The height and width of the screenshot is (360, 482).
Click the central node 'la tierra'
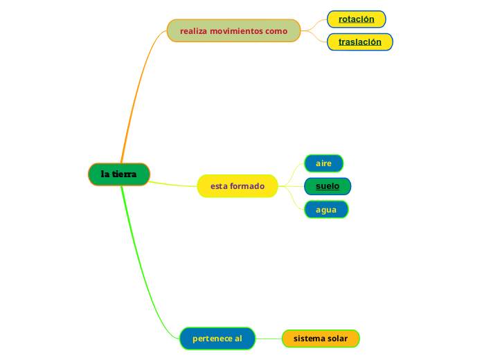(119, 174)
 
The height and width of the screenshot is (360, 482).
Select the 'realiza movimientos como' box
(233, 31)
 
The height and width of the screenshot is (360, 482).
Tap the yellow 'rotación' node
(356, 19)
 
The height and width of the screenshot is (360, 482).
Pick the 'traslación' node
(359, 42)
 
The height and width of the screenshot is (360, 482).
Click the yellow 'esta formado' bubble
(238, 186)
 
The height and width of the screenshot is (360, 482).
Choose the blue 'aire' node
(323, 163)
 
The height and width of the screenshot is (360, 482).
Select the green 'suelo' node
(328, 186)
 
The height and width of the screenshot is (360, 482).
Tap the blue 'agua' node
(326, 210)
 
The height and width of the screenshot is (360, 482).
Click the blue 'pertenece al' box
(217, 339)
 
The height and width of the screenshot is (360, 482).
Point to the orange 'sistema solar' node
(321, 339)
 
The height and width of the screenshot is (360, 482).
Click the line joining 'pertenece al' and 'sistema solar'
(269, 339)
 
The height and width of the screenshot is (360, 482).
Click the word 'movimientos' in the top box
(237, 31)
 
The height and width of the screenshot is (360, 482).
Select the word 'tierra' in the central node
(125, 174)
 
